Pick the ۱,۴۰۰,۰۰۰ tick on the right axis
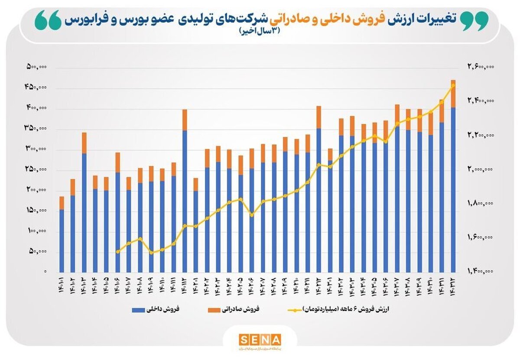tap(481, 271)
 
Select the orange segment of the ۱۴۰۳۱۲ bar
tap(453, 94)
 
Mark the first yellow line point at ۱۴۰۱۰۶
tap(117, 251)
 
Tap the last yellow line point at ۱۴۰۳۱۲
tap(453, 85)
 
